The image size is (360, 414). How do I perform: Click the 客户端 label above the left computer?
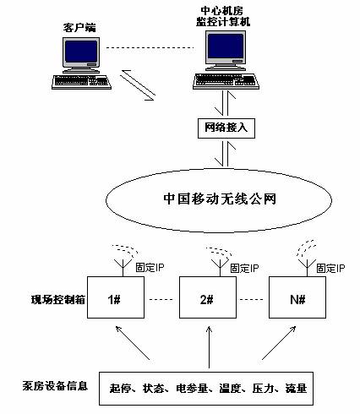click(x=79, y=28)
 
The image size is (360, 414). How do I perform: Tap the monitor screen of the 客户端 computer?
click(x=81, y=52)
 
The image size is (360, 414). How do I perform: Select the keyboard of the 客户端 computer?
click(x=81, y=82)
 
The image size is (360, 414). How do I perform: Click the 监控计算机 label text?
click(x=223, y=22)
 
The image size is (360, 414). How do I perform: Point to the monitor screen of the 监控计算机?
click(x=226, y=46)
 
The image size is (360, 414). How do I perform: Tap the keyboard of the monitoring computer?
click(x=226, y=81)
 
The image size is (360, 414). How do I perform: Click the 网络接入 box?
click(x=226, y=128)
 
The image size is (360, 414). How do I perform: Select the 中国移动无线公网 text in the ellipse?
click(x=220, y=199)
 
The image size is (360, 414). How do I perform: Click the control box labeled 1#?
click(x=116, y=297)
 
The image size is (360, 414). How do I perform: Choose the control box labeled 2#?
click(x=208, y=297)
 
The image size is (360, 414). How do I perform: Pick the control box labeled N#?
click(x=297, y=297)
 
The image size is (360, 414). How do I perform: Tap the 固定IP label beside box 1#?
click(x=150, y=267)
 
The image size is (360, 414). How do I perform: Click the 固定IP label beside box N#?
click(x=330, y=268)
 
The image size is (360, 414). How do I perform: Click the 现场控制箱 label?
click(x=58, y=299)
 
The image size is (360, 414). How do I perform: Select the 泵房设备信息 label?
click(x=55, y=386)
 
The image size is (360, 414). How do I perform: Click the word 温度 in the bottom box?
click(x=230, y=389)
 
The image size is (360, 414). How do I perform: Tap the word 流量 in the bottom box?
click(x=296, y=389)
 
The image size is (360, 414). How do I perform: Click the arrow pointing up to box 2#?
click(x=209, y=347)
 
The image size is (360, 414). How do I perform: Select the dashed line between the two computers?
click(x=150, y=47)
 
